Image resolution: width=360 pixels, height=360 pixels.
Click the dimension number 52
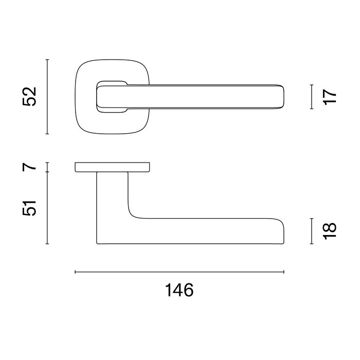(31, 97)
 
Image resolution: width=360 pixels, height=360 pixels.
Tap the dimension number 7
(31, 167)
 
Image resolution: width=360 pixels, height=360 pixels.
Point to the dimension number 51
(31, 208)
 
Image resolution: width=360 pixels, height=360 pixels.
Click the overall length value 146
(179, 291)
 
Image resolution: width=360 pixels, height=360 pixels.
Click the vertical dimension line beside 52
(47, 97)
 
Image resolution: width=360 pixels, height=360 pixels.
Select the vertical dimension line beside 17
(312, 97)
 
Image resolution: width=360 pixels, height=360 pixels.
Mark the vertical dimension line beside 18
(312, 230)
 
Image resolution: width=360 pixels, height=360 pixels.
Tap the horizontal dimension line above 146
(179, 272)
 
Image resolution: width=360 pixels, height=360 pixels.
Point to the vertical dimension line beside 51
(47, 208)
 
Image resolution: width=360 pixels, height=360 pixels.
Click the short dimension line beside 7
(47, 167)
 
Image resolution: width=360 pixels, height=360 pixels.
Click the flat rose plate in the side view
(113, 167)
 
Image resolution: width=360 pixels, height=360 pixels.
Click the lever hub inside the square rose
(111, 96)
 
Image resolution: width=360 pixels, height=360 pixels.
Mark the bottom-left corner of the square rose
(81, 128)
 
